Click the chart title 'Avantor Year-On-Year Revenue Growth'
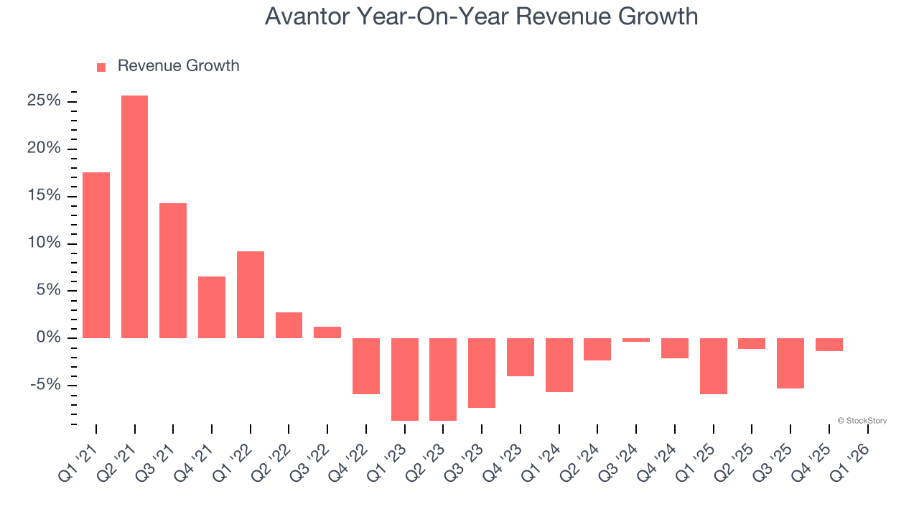(x=481, y=16)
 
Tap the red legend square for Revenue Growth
(x=101, y=67)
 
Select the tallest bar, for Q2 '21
(x=135, y=216)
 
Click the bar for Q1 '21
(x=96, y=255)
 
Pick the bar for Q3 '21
(x=173, y=270)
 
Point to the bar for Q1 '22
(x=251, y=294)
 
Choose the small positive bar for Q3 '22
(x=327, y=332)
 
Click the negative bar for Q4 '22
(x=366, y=365)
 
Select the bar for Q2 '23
(x=443, y=379)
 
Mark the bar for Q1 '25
(x=714, y=365)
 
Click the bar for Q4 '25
(x=829, y=345)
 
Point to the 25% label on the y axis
(x=44, y=101)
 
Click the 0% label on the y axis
(x=48, y=337)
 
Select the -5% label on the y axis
(x=45, y=385)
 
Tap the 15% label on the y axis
(x=44, y=196)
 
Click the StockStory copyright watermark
(x=862, y=421)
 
